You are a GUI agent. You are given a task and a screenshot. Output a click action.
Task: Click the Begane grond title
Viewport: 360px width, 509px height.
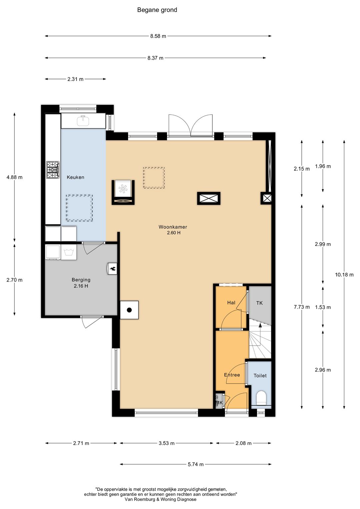click(x=157, y=10)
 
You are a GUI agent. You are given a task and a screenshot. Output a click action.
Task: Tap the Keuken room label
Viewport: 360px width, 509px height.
click(x=75, y=177)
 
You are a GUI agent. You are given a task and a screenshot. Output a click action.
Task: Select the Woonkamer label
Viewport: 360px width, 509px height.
click(x=173, y=227)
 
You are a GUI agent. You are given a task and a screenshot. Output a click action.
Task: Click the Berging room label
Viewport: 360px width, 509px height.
click(x=81, y=280)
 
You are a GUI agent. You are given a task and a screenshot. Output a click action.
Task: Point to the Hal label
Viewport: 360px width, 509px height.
click(x=231, y=303)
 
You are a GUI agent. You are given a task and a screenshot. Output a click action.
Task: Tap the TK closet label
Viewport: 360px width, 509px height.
click(x=259, y=303)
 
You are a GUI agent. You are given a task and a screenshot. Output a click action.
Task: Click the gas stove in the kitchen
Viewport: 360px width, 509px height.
click(x=53, y=170)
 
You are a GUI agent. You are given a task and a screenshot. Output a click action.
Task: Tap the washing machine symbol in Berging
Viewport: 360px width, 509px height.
click(x=68, y=252)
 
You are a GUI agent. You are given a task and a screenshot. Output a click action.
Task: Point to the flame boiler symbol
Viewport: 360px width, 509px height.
click(x=112, y=269)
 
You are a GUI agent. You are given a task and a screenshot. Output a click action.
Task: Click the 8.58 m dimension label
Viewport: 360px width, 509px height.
click(x=158, y=36)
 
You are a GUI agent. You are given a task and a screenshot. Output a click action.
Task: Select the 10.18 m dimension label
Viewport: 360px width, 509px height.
click(x=344, y=275)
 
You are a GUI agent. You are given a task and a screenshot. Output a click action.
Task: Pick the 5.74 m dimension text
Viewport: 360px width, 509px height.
click(x=195, y=464)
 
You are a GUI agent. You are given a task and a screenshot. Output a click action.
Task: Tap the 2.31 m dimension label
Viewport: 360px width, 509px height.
click(x=75, y=79)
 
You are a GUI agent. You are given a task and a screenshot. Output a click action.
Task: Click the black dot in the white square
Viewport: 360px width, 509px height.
click(x=129, y=310)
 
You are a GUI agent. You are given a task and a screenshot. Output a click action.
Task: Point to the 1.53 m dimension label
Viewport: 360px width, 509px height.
click(x=323, y=307)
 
